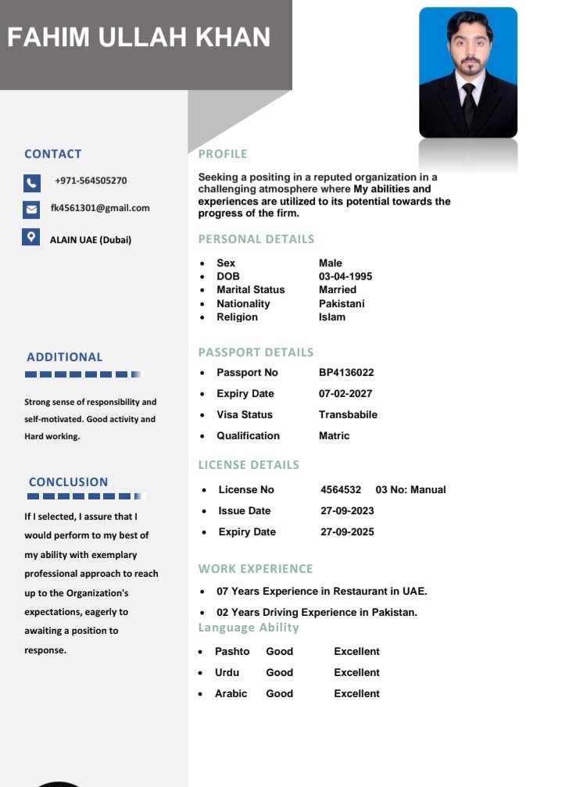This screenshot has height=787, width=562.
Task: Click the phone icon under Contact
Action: pyautogui.click(x=31, y=183)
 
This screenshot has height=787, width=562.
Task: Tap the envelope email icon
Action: pyautogui.click(x=31, y=209)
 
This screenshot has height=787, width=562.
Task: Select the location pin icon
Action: pyautogui.click(x=31, y=237)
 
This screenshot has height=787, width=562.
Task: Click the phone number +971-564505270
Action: pyautogui.click(x=91, y=181)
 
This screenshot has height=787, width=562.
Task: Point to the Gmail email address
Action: pyautogui.click(x=100, y=208)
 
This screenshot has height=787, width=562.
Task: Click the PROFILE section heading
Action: pyautogui.click(x=223, y=154)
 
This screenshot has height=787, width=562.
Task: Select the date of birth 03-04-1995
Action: pyautogui.click(x=345, y=277)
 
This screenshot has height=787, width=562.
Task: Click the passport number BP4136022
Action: pyautogui.click(x=346, y=373)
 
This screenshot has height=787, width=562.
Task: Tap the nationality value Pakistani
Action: pyautogui.click(x=342, y=303)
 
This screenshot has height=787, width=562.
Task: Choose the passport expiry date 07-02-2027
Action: pyautogui.click(x=345, y=394)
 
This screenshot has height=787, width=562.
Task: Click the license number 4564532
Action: pyautogui.click(x=341, y=490)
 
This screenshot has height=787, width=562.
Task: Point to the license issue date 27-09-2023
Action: pyautogui.click(x=347, y=511)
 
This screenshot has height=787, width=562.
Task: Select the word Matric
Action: pyautogui.click(x=334, y=436)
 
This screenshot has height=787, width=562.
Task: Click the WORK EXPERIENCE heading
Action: pyautogui.click(x=256, y=569)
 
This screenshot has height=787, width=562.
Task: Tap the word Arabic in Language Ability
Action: pyautogui.click(x=231, y=694)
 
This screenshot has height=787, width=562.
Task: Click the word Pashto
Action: pyautogui.click(x=232, y=652)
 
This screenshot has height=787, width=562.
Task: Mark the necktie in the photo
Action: pyautogui.click(x=469, y=102)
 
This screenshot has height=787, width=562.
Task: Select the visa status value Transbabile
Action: pyautogui.click(x=348, y=415)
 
